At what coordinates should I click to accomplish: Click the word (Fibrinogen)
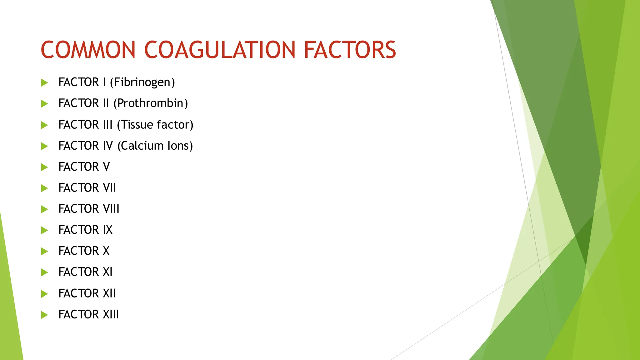click(x=142, y=82)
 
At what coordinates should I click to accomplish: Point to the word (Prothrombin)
click(x=150, y=103)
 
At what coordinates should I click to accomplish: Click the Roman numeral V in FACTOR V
click(x=106, y=167)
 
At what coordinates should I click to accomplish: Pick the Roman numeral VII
click(x=109, y=188)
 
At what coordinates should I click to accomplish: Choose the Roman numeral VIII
click(x=111, y=209)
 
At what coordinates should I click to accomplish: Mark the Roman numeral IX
click(x=107, y=230)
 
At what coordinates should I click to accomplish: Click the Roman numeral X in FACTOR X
click(x=106, y=251)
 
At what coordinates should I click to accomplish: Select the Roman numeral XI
click(x=107, y=272)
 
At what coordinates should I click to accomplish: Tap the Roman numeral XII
click(x=109, y=293)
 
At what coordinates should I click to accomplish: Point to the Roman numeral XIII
click(x=111, y=314)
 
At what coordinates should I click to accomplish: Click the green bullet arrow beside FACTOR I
click(x=44, y=82)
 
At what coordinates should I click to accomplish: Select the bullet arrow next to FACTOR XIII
click(x=44, y=315)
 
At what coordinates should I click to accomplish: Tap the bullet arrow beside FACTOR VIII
click(x=44, y=209)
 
